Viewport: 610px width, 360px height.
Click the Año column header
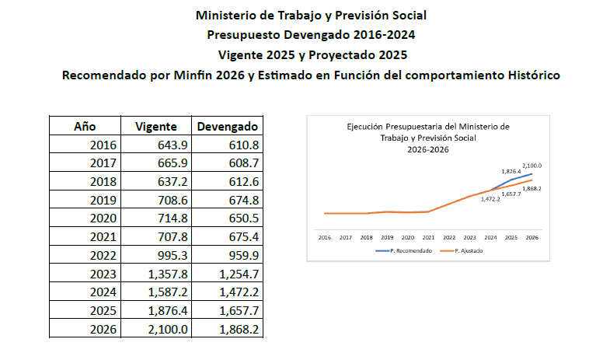click(85, 127)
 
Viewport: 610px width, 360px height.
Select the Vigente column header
click(156, 127)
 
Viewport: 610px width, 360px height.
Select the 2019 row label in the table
click(103, 200)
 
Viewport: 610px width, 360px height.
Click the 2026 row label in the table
click(103, 330)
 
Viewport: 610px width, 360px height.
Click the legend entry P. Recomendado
click(404, 251)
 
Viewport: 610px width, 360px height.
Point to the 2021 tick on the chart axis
click(428, 237)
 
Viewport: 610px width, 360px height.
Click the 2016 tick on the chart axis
click(325, 237)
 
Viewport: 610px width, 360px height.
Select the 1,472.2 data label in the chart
click(490, 199)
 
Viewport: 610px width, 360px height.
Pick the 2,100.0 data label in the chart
click(532, 166)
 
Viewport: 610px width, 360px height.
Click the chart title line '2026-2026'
click(428, 149)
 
